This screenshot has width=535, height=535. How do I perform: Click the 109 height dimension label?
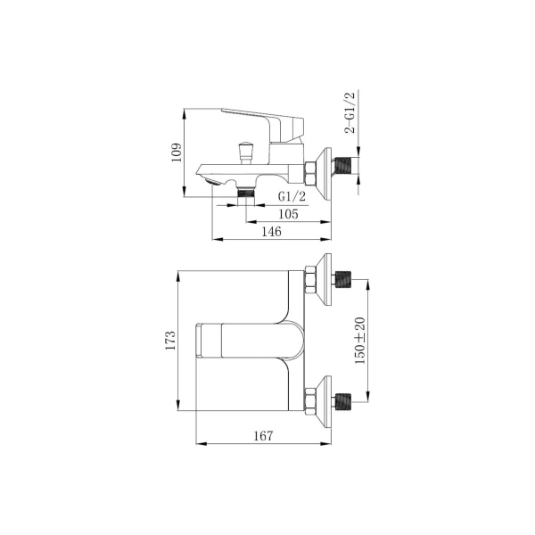click(x=177, y=152)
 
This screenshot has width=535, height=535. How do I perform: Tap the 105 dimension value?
click(x=288, y=214)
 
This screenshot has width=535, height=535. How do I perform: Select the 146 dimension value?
click(x=272, y=232)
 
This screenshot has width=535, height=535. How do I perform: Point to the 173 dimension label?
click(x=170, y=341)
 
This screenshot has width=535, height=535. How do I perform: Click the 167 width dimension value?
click(x=263, y=436)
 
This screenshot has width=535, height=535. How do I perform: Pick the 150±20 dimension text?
click(x=360, y=341)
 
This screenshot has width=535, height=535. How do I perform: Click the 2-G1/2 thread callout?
click(x=350, y=112)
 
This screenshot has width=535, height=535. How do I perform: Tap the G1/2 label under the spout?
click(x=292, y=196)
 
